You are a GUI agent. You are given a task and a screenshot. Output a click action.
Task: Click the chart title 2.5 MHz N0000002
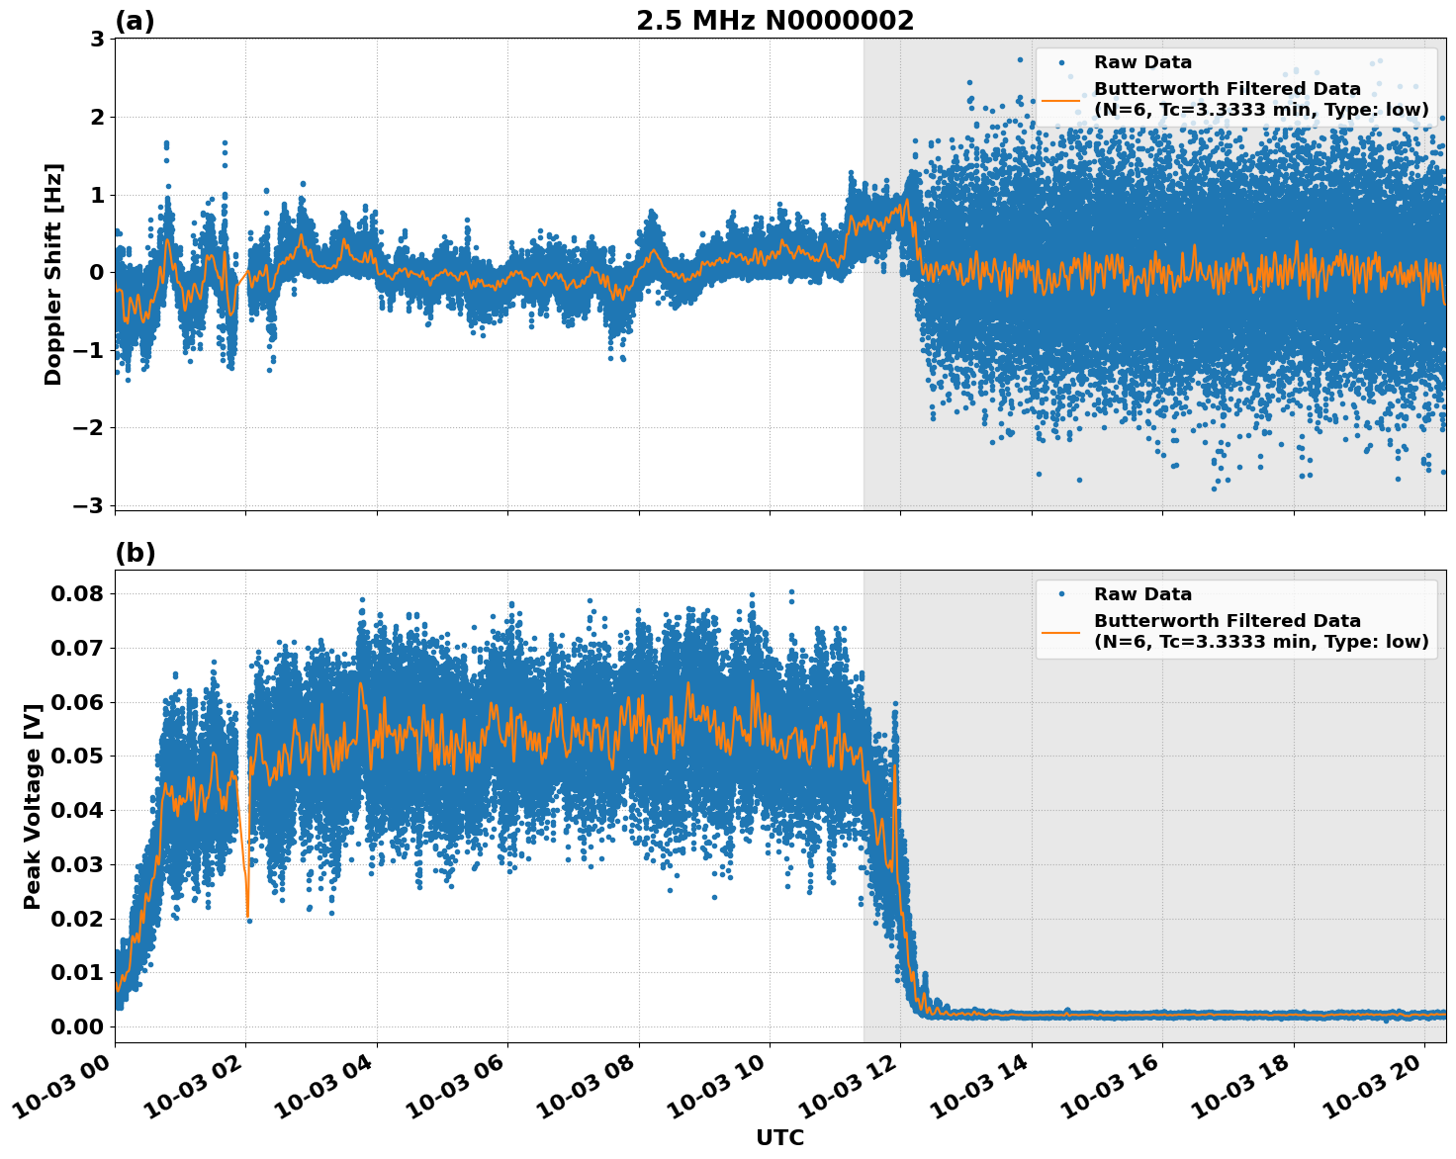point(774,21)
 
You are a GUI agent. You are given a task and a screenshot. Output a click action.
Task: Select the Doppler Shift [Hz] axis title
point(53,274)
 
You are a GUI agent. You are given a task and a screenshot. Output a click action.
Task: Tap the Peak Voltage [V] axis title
point(33,806)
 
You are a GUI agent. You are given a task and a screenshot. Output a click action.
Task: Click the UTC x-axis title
point(779,1138)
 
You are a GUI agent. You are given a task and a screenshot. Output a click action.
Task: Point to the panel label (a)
point(135,21)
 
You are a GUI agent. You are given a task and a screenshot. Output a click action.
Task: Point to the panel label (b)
point(136,553)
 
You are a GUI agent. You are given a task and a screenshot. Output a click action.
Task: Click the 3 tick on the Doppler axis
point(97,40)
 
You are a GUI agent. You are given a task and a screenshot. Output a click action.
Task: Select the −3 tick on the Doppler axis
point(89,506)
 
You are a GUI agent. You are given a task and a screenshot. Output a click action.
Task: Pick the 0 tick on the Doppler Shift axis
point(97,273)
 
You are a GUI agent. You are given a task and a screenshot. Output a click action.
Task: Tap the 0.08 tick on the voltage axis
point(77,594)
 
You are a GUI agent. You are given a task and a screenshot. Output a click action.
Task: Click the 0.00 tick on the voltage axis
point(77,1026)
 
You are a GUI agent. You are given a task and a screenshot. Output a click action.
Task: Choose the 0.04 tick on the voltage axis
point(77,811)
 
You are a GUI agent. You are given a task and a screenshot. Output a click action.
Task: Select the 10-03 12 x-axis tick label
point(853,1092)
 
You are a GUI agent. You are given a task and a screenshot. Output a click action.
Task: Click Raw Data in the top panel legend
point(1142,62)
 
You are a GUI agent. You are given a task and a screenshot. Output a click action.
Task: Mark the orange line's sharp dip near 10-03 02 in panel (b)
point(247,915)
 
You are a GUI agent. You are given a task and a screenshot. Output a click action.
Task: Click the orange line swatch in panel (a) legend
point(1060,100)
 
